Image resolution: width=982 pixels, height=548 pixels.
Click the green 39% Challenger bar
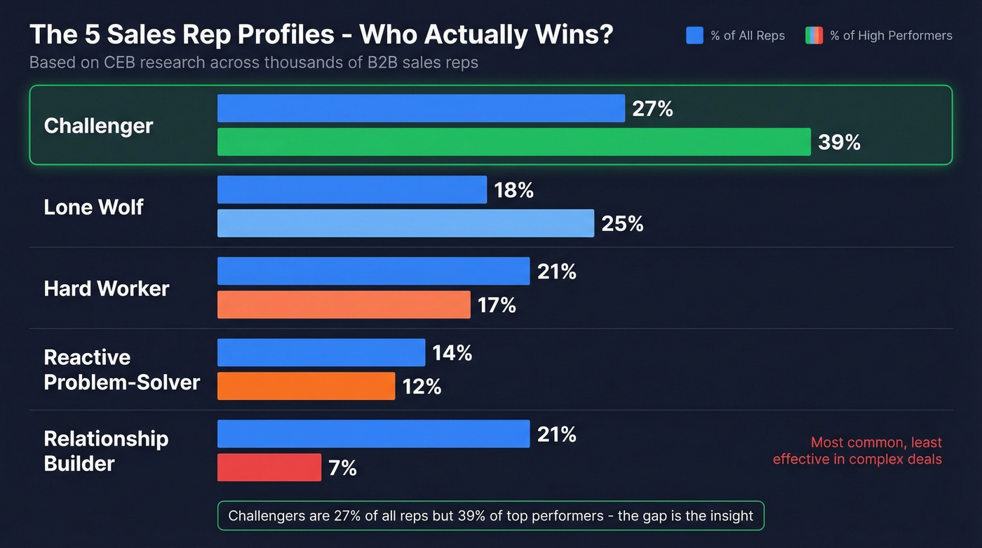click(x=513, y=142)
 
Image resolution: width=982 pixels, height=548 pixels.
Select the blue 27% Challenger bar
click(x=421, y=109)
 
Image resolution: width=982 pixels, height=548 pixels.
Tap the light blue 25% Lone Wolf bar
click(x=405, y=223)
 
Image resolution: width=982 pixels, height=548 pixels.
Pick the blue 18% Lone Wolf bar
click(x=351, y=189)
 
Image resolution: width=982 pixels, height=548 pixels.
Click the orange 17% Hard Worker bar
click(x=344, y=305)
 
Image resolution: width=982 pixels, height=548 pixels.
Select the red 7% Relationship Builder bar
click(x=269, y=467)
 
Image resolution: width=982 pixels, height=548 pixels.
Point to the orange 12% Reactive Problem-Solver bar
click(x=306, y=386)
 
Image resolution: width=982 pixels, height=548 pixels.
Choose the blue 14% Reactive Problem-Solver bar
click(x=321, y=352)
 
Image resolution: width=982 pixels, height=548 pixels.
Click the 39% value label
click(x=839, y=142)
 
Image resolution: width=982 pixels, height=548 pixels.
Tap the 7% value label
click(x=342, y=467)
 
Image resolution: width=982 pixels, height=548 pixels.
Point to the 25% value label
click(x=622, y=224)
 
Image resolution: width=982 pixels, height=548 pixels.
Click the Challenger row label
click(x=98, y=126)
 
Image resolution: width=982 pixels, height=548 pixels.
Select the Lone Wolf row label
click(x=93, y=207)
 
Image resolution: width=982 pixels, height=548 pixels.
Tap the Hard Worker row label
click(x=106, y=288)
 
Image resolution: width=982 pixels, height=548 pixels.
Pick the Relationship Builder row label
click(x=106, y=451)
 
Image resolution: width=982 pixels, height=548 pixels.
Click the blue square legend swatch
click(x=694, y=35)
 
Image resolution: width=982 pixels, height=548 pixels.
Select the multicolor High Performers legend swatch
click(x=814, y=35)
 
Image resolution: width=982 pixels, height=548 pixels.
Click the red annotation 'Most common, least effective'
click(x=857, y=451)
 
